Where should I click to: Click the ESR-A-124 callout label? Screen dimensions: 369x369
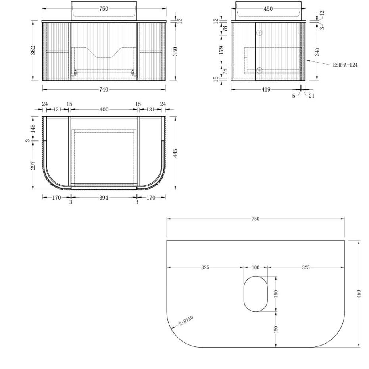[345, 65]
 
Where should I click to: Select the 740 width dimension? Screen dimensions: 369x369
[104, 90]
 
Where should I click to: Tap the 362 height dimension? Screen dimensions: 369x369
[33, 50]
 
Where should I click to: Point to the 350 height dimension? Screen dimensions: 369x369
[175, 52]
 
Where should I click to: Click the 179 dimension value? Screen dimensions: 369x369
[221, 50]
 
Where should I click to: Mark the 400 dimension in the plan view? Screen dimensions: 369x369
[104, 110]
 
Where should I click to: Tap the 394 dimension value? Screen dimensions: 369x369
[104, 197]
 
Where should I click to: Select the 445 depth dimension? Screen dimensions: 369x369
[175, 153]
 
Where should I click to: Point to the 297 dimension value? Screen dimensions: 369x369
[33, 165]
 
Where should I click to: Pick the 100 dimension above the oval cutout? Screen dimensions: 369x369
[256, 267]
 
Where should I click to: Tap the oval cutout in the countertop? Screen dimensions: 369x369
[256, 294]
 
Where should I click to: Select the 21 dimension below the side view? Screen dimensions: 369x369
[311, 95]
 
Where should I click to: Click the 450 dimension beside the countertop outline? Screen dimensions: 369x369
[359, 294]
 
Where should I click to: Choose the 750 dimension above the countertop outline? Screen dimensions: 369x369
[256, 219]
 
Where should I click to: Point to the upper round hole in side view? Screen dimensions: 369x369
[259, 33]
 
